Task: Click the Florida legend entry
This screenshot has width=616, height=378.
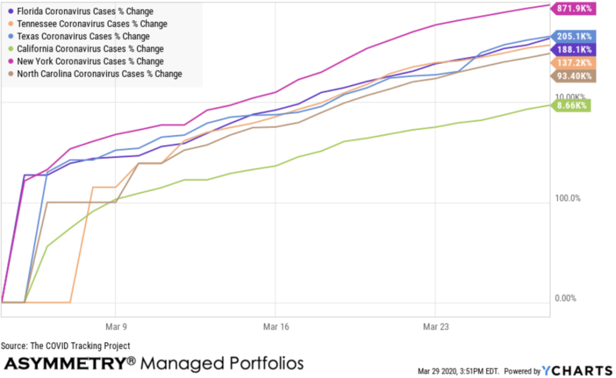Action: click(x=84, y=11)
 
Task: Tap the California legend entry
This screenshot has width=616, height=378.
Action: click(x=90, y=49)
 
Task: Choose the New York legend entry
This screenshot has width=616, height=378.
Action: click(x=90, y=61)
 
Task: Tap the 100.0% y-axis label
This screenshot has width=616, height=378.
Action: click(x=567, y=198)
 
